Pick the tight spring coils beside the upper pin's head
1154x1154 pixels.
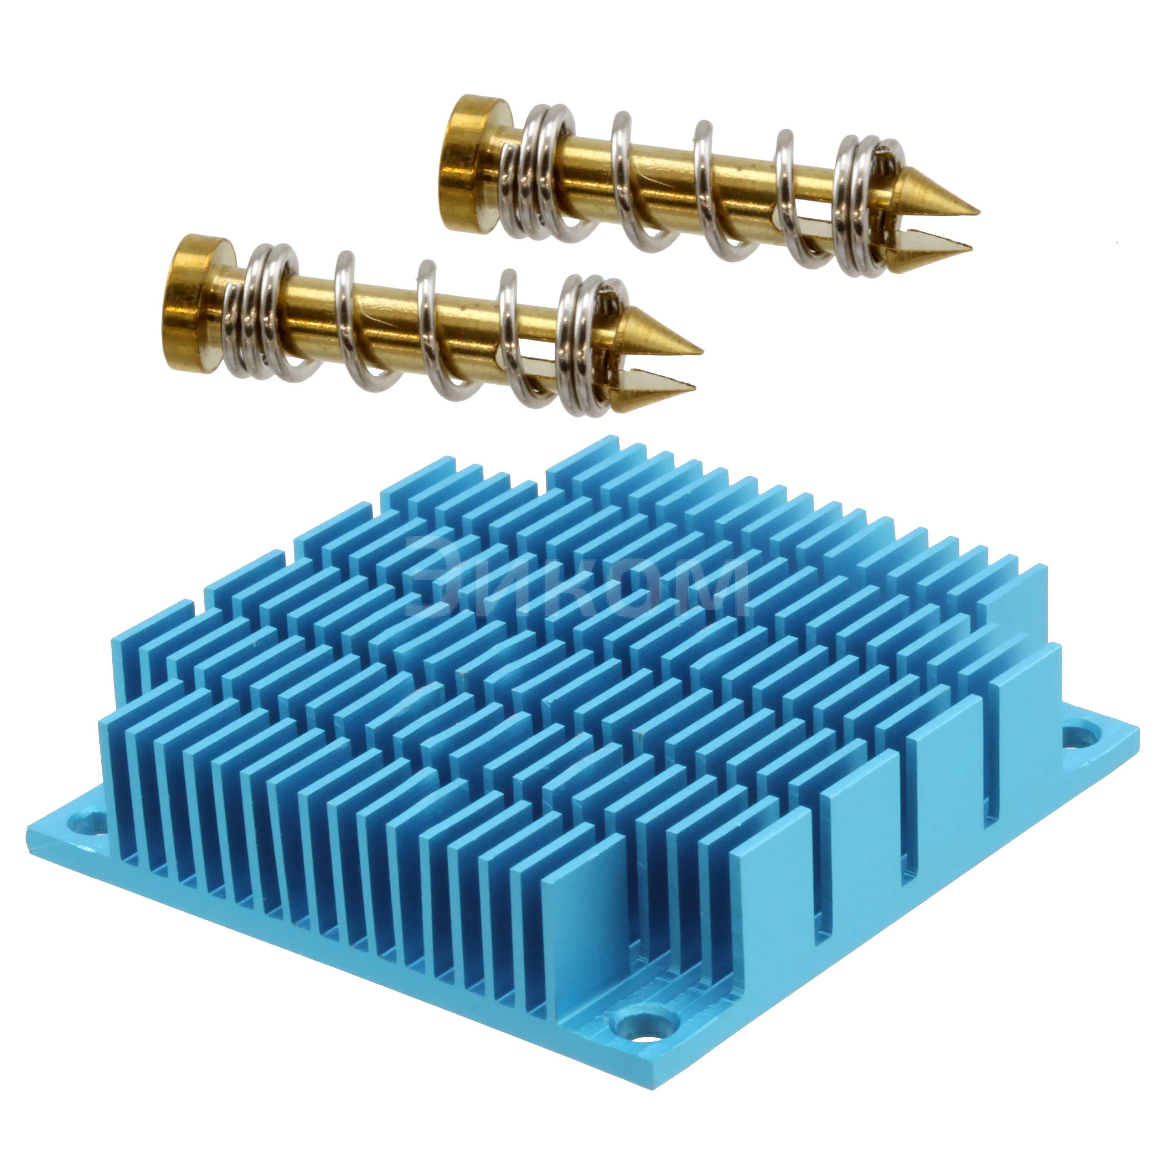click(x=540, y=173)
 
